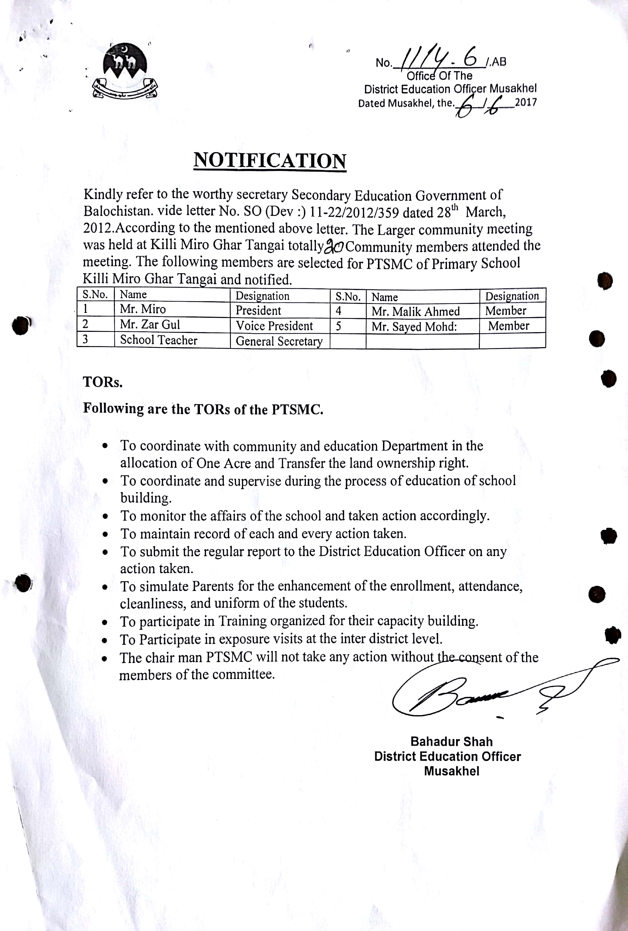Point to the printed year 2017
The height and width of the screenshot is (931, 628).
point(526,102)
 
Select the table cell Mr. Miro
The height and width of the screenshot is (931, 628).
point(143,309)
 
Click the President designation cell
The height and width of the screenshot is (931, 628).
point(258,310)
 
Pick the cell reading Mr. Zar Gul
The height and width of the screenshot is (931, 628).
point(150,324)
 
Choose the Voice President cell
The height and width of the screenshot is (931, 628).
point(274,326)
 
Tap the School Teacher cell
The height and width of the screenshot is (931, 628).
point(159,340)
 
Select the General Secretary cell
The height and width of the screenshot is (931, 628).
point(279,341)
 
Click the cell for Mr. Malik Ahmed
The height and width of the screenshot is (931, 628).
point(415,312)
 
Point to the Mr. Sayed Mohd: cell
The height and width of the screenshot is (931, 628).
point(414,327)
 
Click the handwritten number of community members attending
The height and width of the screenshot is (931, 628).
point(334,247)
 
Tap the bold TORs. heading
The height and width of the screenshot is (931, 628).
point(102,382)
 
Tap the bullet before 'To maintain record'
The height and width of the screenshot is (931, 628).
point(105,534)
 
